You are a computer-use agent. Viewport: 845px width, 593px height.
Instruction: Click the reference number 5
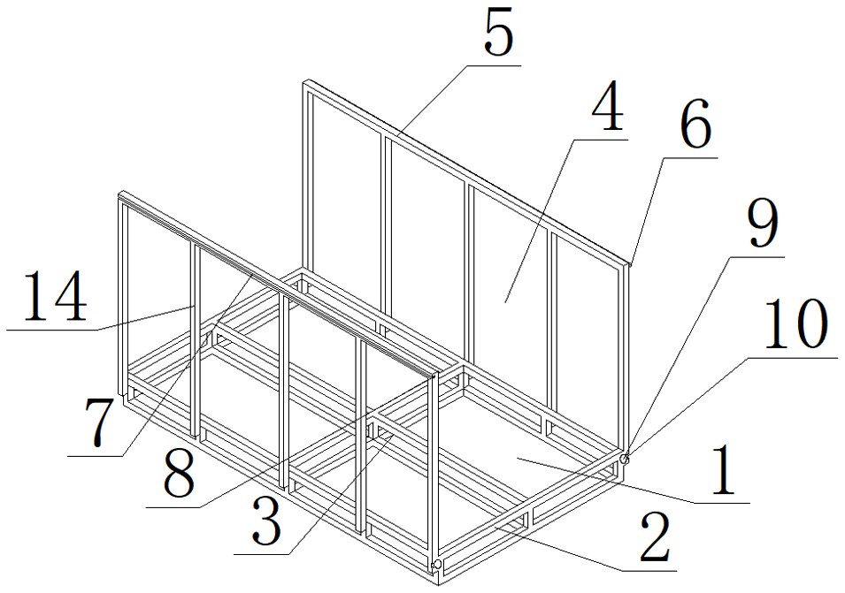click(498, 34)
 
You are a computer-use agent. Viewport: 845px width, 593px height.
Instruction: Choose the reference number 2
click(655, 537)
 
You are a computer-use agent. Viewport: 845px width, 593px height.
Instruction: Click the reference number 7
click(99, 424)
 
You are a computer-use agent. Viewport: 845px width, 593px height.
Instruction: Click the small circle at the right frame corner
click(625, 459)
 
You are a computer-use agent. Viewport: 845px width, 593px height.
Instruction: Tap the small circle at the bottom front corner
click(437, 565)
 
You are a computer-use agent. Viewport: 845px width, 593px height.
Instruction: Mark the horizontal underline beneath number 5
click(495, 65)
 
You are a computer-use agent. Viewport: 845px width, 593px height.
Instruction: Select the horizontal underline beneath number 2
click(649, 570)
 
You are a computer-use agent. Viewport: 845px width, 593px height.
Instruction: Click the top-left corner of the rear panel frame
click(303, 82)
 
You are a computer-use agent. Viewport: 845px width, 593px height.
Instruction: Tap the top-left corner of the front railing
click(119, 193)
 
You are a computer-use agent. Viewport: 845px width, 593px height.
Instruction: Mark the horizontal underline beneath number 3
click(261, 554)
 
